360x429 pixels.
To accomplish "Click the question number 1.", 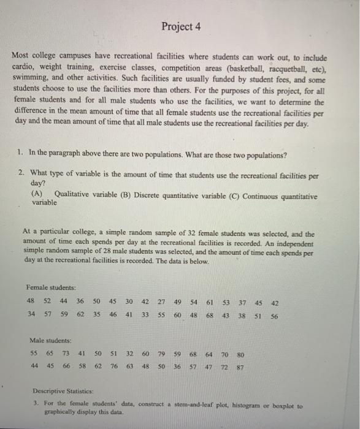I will (x=21, y=154).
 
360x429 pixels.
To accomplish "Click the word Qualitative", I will (x=73, y=196).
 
